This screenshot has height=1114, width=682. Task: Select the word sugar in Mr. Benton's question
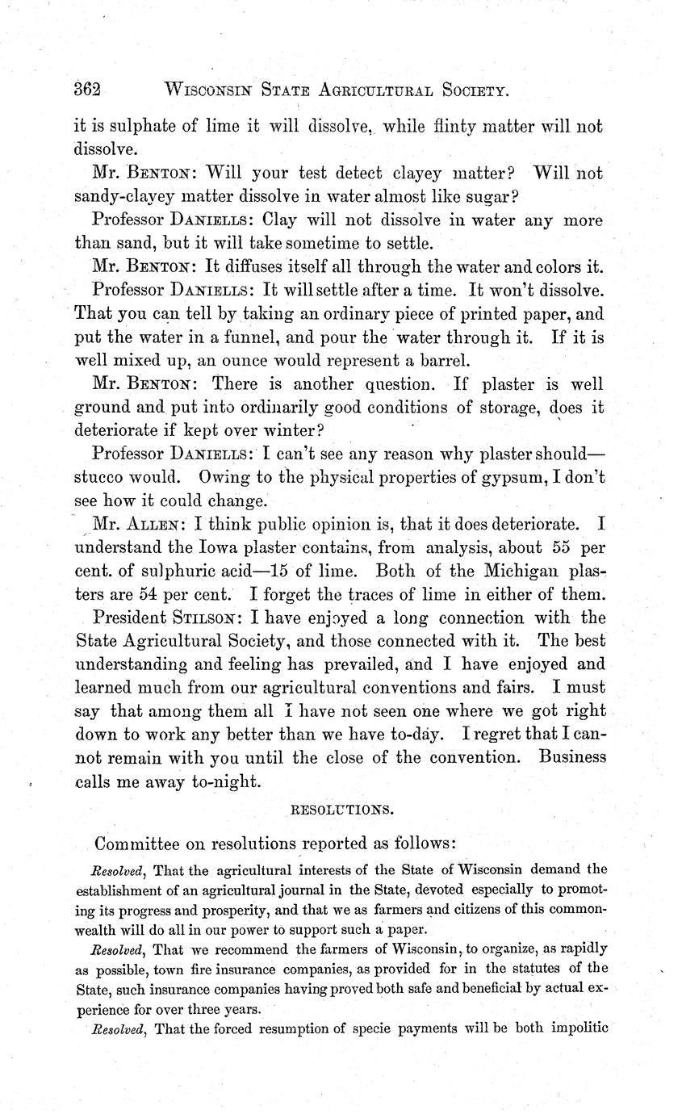491,196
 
